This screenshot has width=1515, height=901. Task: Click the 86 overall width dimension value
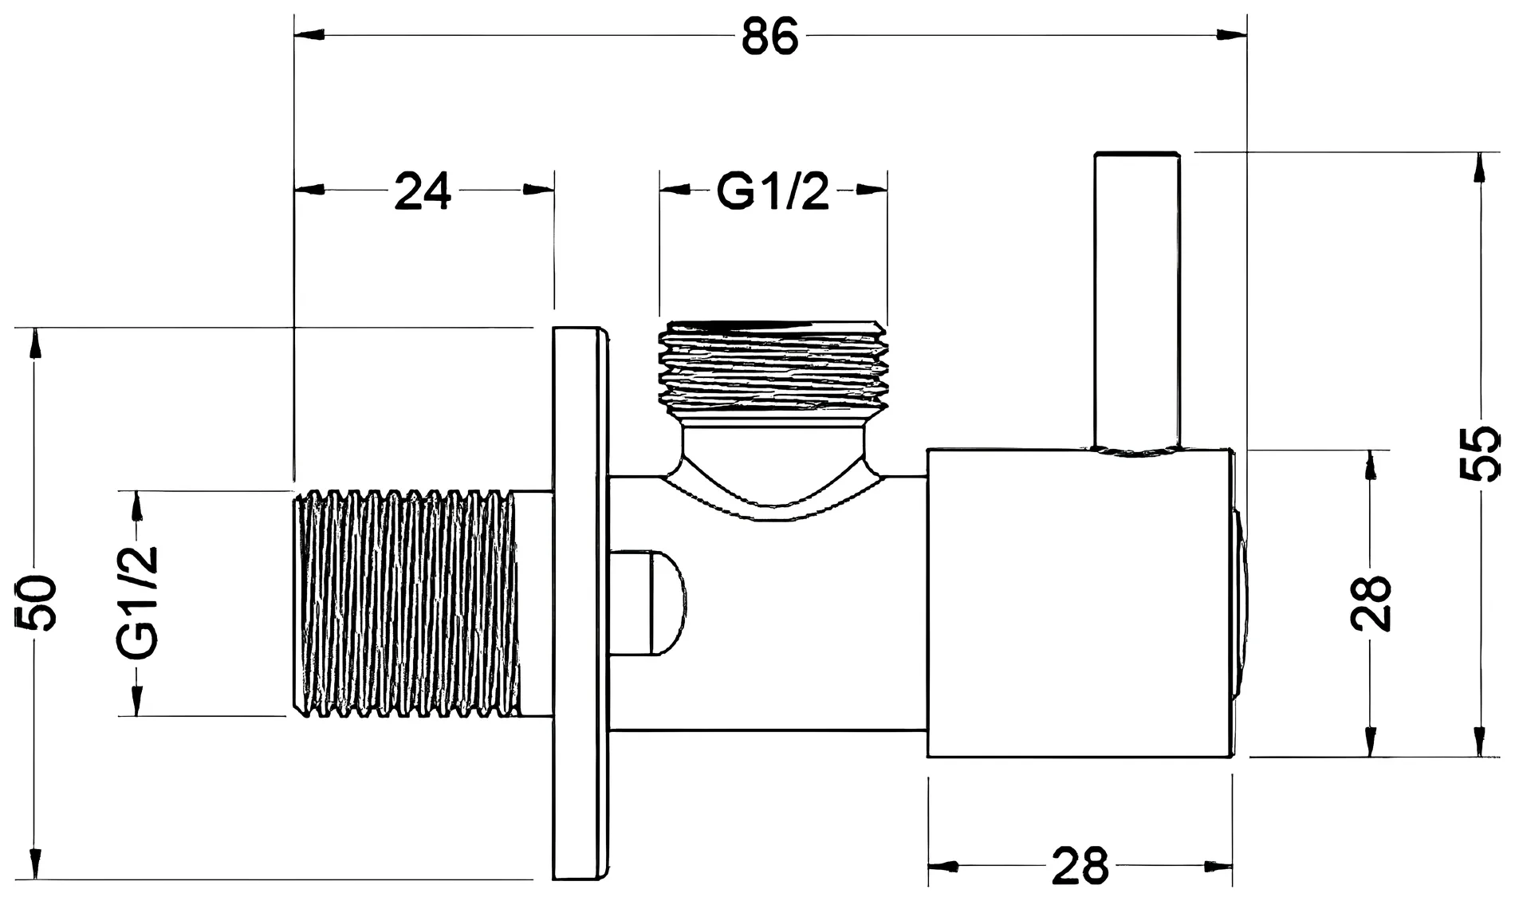click(769, 36)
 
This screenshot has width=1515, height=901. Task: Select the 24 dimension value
click(423, 191)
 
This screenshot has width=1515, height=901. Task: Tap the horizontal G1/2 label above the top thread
click(773, 191)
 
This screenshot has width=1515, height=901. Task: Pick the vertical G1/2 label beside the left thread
click(138, 603)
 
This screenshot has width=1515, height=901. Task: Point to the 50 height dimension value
click(37, 603)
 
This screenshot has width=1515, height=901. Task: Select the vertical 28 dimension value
click(1371, 603)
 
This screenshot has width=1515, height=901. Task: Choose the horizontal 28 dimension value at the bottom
click(1080, 865)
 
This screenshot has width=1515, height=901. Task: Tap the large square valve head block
click(1080, 604)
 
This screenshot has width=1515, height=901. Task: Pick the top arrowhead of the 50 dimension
click(34, 343)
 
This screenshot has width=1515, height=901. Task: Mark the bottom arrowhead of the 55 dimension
click(1480, 741)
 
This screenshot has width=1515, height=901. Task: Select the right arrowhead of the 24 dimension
click(538, 190)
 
